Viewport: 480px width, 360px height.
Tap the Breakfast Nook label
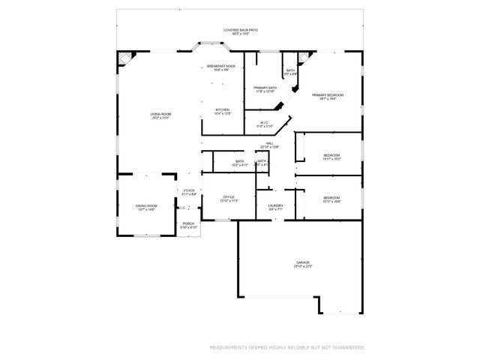(x=222, y=66)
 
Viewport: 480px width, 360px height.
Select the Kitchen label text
(x=222, y=109)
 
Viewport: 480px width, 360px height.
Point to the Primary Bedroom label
(x=328, y=94)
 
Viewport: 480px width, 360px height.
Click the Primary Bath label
(x=265, y=88)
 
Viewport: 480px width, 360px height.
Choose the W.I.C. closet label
(x=264, y=123)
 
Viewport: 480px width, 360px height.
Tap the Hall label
(x=269, y=143)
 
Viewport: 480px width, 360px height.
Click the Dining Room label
(x=146, y=205)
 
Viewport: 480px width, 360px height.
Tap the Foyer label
(x=189, y=190)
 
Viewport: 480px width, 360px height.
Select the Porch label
(x=189, y=224)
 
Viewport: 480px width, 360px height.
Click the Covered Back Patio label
(x=241, y=30)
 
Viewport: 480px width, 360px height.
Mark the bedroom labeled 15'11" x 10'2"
(x=332, y=155)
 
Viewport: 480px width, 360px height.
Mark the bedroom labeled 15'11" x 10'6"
(x=332, y=198)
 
